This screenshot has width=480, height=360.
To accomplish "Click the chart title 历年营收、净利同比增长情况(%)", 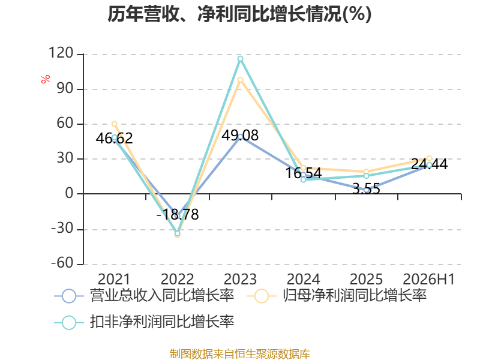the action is tap(239, 14).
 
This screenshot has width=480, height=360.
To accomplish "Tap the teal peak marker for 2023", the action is tap(241, 59).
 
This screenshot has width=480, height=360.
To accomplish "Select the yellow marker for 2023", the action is tap(241, 80).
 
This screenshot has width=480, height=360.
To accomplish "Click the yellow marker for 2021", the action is tap(115, 124).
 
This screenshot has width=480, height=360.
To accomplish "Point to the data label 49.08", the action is tap(240, 136).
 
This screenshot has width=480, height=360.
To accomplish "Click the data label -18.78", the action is tap(178, 214).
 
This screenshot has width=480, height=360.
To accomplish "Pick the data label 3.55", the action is tap(366, 188).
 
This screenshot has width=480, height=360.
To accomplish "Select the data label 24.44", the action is tap(429, 164).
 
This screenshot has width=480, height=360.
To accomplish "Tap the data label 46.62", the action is tap(114, 138).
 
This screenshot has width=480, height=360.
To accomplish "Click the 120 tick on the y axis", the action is tap(61, 53).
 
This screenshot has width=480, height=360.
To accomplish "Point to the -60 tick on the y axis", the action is tap(62, 263).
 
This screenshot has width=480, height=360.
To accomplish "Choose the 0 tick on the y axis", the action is tap(70, 193).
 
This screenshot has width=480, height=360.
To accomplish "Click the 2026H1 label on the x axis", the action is tap(429, 279).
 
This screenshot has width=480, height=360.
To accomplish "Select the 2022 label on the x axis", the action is tap(178, 279).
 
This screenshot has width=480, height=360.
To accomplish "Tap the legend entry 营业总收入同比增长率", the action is tap(144, 296).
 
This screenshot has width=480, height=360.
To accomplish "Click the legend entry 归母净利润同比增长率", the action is tap(337, 296).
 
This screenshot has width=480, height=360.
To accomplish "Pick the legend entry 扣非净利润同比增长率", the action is tap(144, 322).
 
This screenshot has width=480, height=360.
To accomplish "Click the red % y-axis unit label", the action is tap(46, 79).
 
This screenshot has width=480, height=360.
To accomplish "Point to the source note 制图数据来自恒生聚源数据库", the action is tap(240, 354).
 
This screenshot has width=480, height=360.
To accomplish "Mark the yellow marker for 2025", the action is tap(366, 172).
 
